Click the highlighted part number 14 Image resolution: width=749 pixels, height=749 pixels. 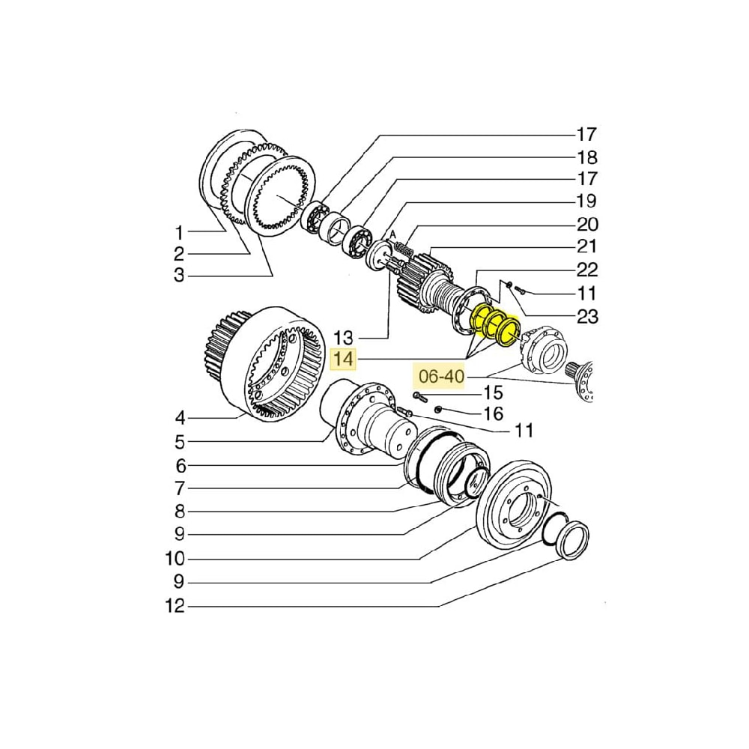[x=344, y=360]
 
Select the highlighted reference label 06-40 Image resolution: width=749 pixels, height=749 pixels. [x=441, y=377]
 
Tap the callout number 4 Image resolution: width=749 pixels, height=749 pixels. [x=179, y=417]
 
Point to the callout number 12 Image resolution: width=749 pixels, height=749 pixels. [x=175, y=606]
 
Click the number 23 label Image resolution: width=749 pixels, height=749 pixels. [x=586, y=316]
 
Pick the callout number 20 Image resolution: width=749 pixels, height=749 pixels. [x=586, y=224]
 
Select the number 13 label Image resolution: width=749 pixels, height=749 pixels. [x=344, y=336]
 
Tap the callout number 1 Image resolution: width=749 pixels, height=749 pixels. [x=179, y=232]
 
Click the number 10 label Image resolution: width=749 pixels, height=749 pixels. [x=175, y=559]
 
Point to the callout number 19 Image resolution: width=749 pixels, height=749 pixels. [x=586, y=201]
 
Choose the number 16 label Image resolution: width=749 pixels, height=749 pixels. [x=492, y=413]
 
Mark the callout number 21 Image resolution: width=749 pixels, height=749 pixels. [x=586, y=246]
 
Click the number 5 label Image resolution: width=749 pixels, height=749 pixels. [x=179, y=441]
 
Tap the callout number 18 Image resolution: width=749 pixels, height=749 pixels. [x=586, y=157]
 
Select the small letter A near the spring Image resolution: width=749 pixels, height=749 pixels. [x=392, y=233]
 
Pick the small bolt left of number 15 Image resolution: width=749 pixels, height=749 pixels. [x=419, y=395]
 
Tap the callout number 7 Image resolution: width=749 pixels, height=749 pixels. [x=179, y=489]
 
